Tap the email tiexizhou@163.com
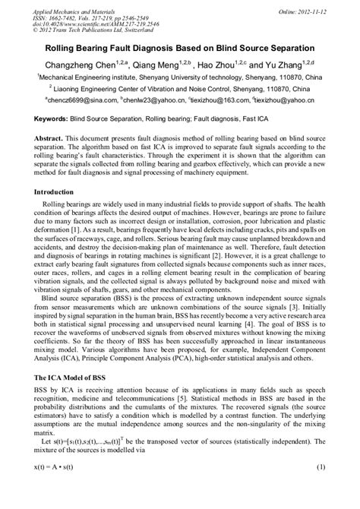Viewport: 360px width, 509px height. point(224,100)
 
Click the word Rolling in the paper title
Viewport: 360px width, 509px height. point(58,45)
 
